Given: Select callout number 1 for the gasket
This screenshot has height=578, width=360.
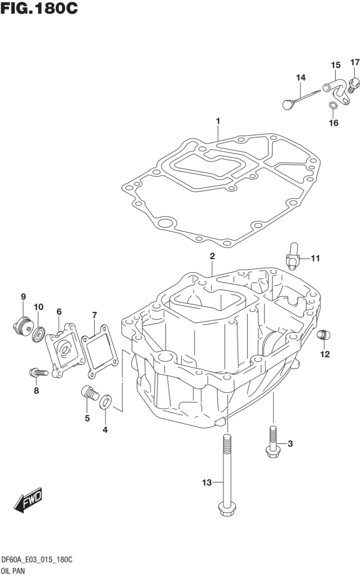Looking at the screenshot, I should tap(218, 120).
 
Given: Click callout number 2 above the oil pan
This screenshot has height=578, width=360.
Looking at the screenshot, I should tap(212, 256).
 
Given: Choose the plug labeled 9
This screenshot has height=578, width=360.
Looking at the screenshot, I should tap(23, 326).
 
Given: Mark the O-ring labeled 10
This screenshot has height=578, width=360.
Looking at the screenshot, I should tap(38, 334).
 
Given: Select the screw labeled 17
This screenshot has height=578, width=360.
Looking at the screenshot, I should tap(354, 84).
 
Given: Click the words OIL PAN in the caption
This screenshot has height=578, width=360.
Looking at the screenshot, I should tap(16, 571).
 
